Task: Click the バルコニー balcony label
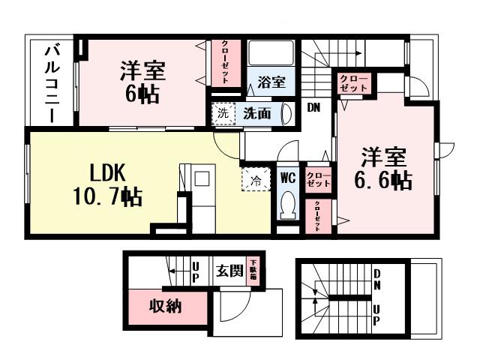(x=53, y=82)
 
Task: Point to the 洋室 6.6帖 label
(x=384, y=168)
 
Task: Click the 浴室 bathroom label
(x=271, y=82)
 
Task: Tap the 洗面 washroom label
(x=256, y=114)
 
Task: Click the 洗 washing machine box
(x=223, y=114)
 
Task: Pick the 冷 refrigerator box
(x=255, y=180)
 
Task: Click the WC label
(x=289, y=178)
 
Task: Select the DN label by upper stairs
(x=313, y=107)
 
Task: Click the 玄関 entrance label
(x=230, y=271)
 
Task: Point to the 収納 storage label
(x=164, y=306)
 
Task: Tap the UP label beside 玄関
(x=195, y=271)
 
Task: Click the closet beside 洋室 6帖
(x=224, y=65)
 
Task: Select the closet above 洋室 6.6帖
(x=353, y=83)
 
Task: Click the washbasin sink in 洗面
(x=286, y=114)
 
